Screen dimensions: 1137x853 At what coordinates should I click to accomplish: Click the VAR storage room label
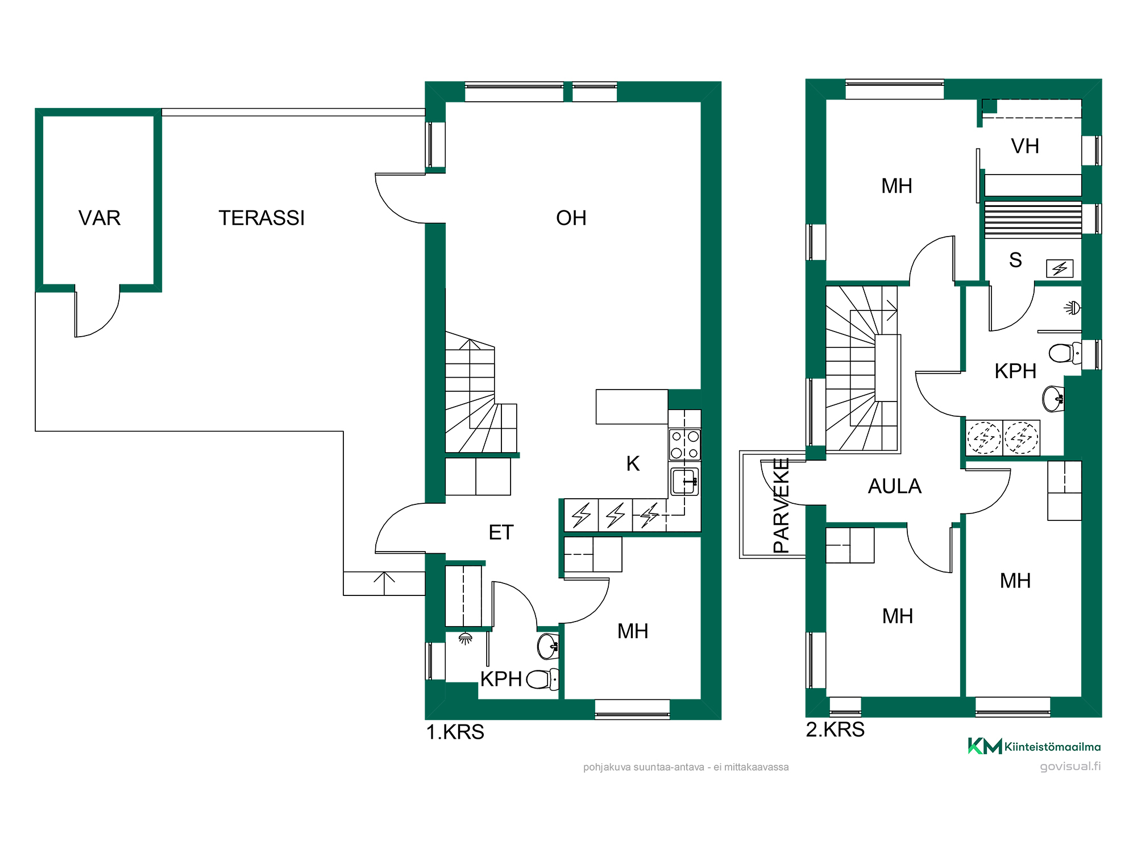click(x=99, y=218)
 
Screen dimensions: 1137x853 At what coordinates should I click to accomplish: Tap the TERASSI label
click(x=262, y=218)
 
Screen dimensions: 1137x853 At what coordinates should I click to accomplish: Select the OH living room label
click(x=571, y=218)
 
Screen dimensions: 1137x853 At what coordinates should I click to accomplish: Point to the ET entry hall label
click(x=501, y=532)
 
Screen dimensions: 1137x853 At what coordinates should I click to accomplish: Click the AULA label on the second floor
click(x=894, y=486)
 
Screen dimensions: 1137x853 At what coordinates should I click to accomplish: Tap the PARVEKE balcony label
click(x=782, y=506)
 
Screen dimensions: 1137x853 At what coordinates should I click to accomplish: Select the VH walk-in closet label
click(x=1025, y=146)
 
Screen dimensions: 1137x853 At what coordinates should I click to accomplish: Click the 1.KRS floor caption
click(x=455, y=732)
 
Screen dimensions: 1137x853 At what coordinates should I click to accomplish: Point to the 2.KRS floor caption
click(x=835, y=729)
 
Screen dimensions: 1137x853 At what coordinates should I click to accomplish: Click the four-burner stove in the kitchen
click(x=684, y=445)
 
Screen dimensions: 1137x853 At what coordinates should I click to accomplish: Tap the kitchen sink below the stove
click(x=684, y=482)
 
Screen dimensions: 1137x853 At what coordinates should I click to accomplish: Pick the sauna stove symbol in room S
click(x=1060, y=268)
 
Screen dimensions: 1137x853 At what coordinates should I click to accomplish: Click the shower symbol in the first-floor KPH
click(x=466, y=639)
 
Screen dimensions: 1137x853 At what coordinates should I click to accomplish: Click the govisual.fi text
click(x=1070, y=766)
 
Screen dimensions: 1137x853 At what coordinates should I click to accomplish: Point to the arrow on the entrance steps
click(x=384, y=583)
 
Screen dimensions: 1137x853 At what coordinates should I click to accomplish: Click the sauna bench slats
click(x=1033, y=220)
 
